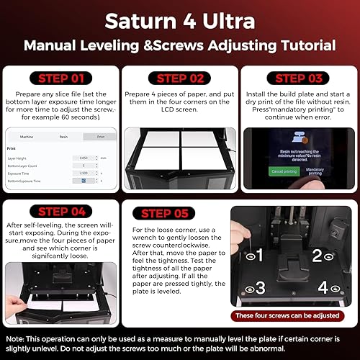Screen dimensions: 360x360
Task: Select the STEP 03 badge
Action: [298, 78]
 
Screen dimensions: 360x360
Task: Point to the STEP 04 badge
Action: [60, 212]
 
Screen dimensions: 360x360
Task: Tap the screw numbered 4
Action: [328, 289]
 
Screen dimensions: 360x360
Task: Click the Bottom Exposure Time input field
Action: [84, 181]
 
